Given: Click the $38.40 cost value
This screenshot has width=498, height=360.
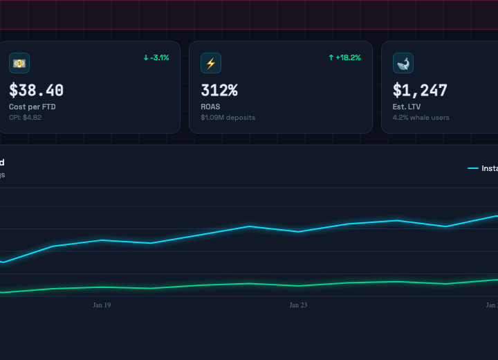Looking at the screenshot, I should (36, 91).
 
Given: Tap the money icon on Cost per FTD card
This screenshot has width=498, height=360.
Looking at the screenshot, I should (19, 63).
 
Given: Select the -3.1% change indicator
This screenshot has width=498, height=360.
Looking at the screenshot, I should (156, 57).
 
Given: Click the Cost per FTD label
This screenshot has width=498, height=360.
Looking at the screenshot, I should (32, 107).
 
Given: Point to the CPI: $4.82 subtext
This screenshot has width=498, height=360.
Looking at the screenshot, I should (25, 118).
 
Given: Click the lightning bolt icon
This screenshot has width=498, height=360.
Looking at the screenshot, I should (211, 63).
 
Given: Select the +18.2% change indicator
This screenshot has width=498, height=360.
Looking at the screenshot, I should (344, 57).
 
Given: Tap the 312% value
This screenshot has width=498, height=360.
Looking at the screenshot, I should (219, 91).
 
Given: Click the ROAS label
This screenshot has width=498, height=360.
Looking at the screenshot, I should (210, 107).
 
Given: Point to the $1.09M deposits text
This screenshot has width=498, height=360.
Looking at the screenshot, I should (228, 118).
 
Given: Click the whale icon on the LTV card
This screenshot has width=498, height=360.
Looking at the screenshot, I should (403, 63).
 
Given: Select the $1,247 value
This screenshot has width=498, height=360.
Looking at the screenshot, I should (420, 91).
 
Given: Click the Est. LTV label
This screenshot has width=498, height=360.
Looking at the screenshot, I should (408, 107).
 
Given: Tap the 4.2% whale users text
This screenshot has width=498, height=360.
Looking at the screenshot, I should (421, 118).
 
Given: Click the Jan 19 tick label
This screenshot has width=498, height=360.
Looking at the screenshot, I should (102, 305).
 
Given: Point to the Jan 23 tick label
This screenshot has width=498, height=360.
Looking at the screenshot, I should (298, 305).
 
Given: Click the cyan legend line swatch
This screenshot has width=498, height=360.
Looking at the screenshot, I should (472, 168).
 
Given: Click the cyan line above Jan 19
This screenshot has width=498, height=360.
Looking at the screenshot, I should (102, 240).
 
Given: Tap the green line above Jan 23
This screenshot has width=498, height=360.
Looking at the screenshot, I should (298, 286).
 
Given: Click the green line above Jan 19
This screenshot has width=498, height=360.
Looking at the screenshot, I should (102, 287).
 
